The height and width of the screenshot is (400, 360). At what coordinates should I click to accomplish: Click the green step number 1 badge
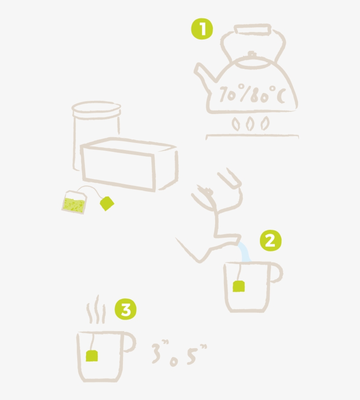[x=202, y=30]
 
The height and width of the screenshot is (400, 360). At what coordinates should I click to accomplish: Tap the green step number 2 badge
[x=270, y=241]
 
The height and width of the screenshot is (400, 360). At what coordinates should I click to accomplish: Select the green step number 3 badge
[x=126, y=310]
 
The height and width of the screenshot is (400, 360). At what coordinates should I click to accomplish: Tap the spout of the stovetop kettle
[x=203, y=73]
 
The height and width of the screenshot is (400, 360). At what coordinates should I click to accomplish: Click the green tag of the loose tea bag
[x=107, y=203]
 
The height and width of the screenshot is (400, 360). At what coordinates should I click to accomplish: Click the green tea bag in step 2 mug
[x=238, y=286]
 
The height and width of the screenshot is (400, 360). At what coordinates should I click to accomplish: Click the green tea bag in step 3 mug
[x=92, y=355]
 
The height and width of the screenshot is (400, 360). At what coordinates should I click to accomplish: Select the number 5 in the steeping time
[x=191, y=354]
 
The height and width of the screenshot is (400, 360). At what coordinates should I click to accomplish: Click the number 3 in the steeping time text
[x=157, y=354]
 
